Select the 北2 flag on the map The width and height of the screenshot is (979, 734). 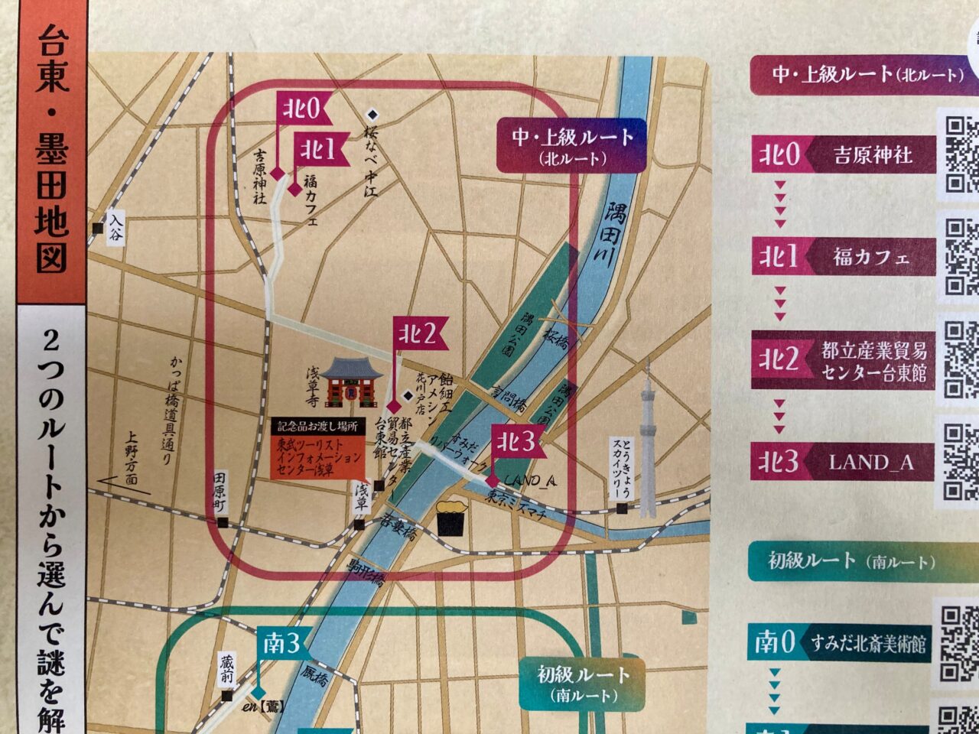[420, 333]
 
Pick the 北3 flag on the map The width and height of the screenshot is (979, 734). [518, 441]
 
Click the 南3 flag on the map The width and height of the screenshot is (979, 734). [281, 644]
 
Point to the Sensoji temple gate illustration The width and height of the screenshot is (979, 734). [351, 382]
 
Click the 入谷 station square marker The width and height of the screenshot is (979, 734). [97, 228]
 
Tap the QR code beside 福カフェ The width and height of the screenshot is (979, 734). [961, 257]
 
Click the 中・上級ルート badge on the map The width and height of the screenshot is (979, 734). [571, 145]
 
